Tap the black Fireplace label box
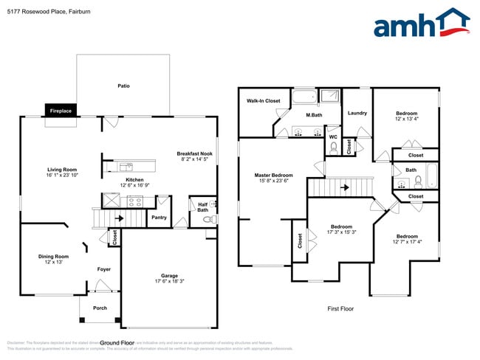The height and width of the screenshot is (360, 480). click(61, 110)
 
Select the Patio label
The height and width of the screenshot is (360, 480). click(123, 86)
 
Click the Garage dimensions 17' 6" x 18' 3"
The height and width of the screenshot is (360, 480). click(169, 282)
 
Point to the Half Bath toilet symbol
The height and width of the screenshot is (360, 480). click(207, 219)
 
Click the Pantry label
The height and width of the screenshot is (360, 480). click(159, 218)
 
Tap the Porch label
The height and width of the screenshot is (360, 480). click(100, 308)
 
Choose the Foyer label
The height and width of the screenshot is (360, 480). click(104, 269)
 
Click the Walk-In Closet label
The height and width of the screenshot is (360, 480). click(263, 100)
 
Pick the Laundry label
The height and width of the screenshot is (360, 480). click(357, 113)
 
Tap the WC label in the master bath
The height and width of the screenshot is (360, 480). click(333, 136)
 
